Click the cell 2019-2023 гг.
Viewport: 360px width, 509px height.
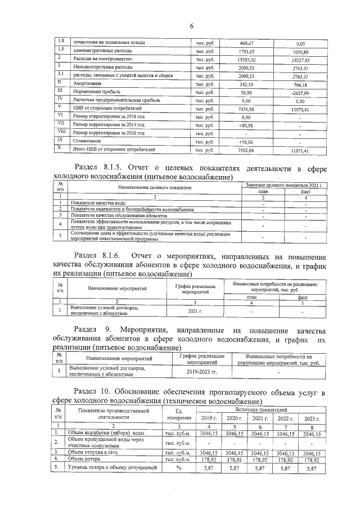(x=201, y=372)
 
